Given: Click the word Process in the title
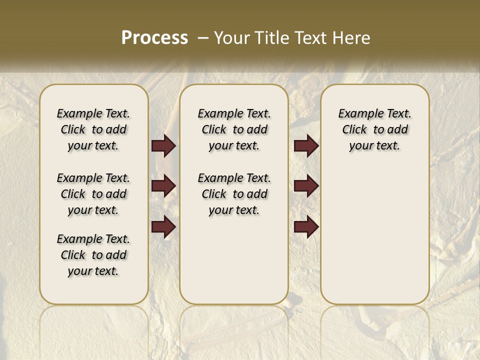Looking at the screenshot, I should (x=154, y=38).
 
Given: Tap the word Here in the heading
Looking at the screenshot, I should (x=350, y=38).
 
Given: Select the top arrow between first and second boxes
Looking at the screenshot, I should (x=163, y=146).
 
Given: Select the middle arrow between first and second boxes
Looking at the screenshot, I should (x=163, y=186).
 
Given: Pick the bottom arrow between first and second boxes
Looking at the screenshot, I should (x=163, y=227).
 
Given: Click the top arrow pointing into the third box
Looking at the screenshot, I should (x=306, y=146).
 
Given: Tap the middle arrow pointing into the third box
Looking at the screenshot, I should (x=306, y=186).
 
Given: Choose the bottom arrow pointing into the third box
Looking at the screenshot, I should (x=306, y=227).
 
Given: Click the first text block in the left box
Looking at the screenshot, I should (x=93, y=129).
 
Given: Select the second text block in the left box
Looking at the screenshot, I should (x=93, y=194).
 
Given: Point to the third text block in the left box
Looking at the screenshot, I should (x=93, y=255).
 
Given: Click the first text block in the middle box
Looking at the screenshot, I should (x=234, y=129).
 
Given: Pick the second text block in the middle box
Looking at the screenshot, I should (x=234, y=194).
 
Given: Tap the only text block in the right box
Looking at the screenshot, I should (x=374, y=129).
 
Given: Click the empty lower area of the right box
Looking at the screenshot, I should (x=374, y=235).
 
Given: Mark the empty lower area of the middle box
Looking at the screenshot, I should (x=234, y=260).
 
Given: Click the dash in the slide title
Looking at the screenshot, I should (x=203, y=38).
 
